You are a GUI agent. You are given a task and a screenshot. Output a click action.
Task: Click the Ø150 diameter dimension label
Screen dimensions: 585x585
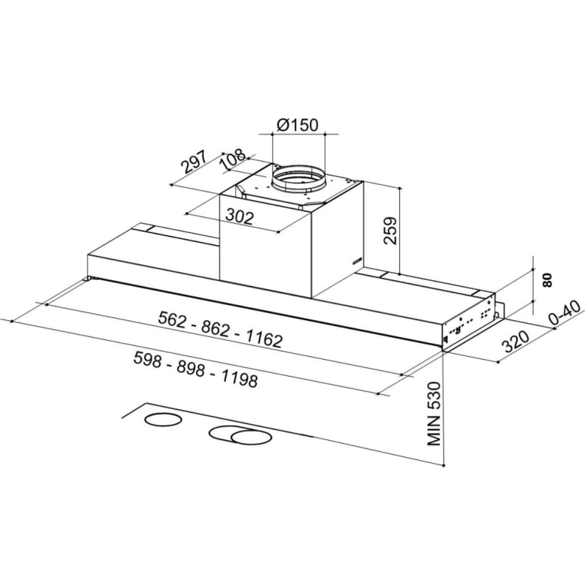coord(298,124)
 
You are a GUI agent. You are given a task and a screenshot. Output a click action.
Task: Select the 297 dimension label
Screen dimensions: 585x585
coord(194,162)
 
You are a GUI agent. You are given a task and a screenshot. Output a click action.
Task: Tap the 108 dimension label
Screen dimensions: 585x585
coord(233,160)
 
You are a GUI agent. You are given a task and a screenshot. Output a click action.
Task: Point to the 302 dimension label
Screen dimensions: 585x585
coord(240,216)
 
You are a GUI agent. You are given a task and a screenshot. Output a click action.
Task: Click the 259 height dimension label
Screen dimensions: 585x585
coord(390,230)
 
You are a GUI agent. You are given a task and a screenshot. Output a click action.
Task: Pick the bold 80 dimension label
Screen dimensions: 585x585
coord(546,280)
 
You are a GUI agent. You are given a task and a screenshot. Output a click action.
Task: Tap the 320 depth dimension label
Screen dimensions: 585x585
coord(516,341)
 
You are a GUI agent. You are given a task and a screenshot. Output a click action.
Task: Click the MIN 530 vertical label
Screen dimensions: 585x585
coord(434,413)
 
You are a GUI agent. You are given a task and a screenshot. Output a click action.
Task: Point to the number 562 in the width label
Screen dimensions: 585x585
coord(172,318)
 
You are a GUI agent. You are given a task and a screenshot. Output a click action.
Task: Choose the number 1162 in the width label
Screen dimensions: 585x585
coord(263,339)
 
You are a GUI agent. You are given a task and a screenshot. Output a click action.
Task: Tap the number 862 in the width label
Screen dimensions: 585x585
coord(216,328)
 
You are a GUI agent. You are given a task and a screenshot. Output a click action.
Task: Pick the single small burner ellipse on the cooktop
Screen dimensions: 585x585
coord(163,420)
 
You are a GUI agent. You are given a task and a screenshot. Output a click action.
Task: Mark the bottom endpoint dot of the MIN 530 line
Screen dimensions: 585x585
coord(444,466)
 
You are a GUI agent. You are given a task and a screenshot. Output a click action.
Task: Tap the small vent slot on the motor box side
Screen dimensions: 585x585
coord(356,261)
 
